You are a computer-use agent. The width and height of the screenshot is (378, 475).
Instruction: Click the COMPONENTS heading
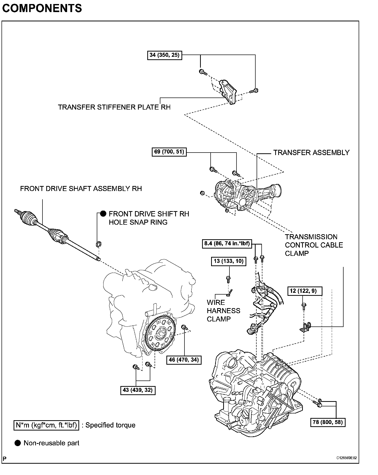pyautogui.click(x=42, y=8)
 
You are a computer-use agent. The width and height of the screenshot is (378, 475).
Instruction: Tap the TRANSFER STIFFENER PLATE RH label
pyautogui.click(x=114, y=107)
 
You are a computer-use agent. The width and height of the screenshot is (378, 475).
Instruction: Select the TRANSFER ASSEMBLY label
pyautogui.click(x=311, y=153)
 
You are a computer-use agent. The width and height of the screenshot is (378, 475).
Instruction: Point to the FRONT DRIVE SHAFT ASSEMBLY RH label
pyautogui.click(x=81, y=188)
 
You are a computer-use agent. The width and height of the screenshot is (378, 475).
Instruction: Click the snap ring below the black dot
pyautogui.click(x=99, y=244)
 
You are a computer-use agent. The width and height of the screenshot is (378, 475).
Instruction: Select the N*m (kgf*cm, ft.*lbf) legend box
pyautogui.click(x=46, y=425)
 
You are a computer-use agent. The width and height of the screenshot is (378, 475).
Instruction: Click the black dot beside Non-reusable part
pyautogui.click(x=18, y=443)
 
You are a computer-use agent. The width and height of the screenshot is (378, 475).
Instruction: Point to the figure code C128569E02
pyautogui.click(x=347, y=458)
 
